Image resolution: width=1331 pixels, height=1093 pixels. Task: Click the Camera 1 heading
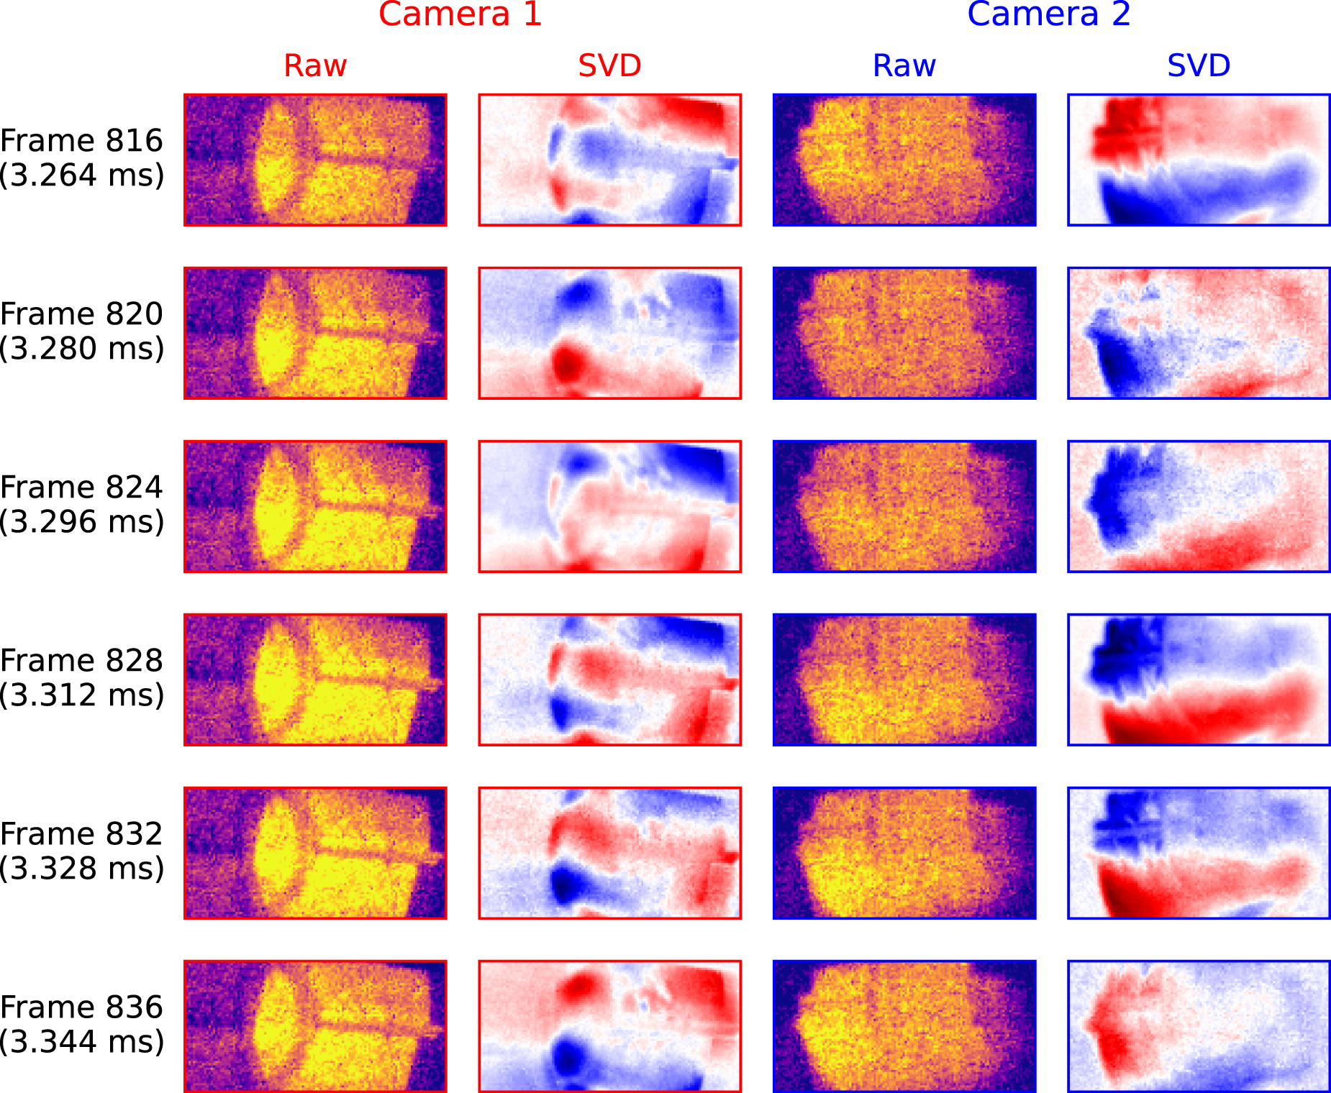click(460, 14)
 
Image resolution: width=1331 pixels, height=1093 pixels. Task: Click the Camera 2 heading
click(1048, 14)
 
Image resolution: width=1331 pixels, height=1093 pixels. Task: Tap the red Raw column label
click(315, 65)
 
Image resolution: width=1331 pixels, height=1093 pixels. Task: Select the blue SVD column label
click(1199, 65)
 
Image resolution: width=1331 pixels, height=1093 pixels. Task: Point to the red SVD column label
click(609, 65)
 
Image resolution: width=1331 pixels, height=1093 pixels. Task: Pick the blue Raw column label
click(904, 65)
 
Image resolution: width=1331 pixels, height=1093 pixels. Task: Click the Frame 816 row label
click(81, 141)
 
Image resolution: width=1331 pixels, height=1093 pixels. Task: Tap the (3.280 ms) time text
click(81, 349)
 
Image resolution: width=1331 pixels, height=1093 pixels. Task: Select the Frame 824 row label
click(81, 488)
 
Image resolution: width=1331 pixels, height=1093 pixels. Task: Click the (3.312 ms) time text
click(81, 695)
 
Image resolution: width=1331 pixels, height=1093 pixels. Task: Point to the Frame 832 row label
click(81, 834)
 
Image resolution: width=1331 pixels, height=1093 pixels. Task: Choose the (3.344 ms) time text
click(81, 1042)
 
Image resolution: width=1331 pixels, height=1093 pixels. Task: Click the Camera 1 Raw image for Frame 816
click(315, 160)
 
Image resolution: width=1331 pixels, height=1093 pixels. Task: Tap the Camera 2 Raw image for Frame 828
click(904, 680)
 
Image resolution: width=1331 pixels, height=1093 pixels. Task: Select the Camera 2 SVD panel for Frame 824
click(1199, 506)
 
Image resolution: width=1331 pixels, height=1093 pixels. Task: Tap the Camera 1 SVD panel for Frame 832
click(609, 853)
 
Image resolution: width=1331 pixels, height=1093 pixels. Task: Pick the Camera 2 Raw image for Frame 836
click(904, 1026)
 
